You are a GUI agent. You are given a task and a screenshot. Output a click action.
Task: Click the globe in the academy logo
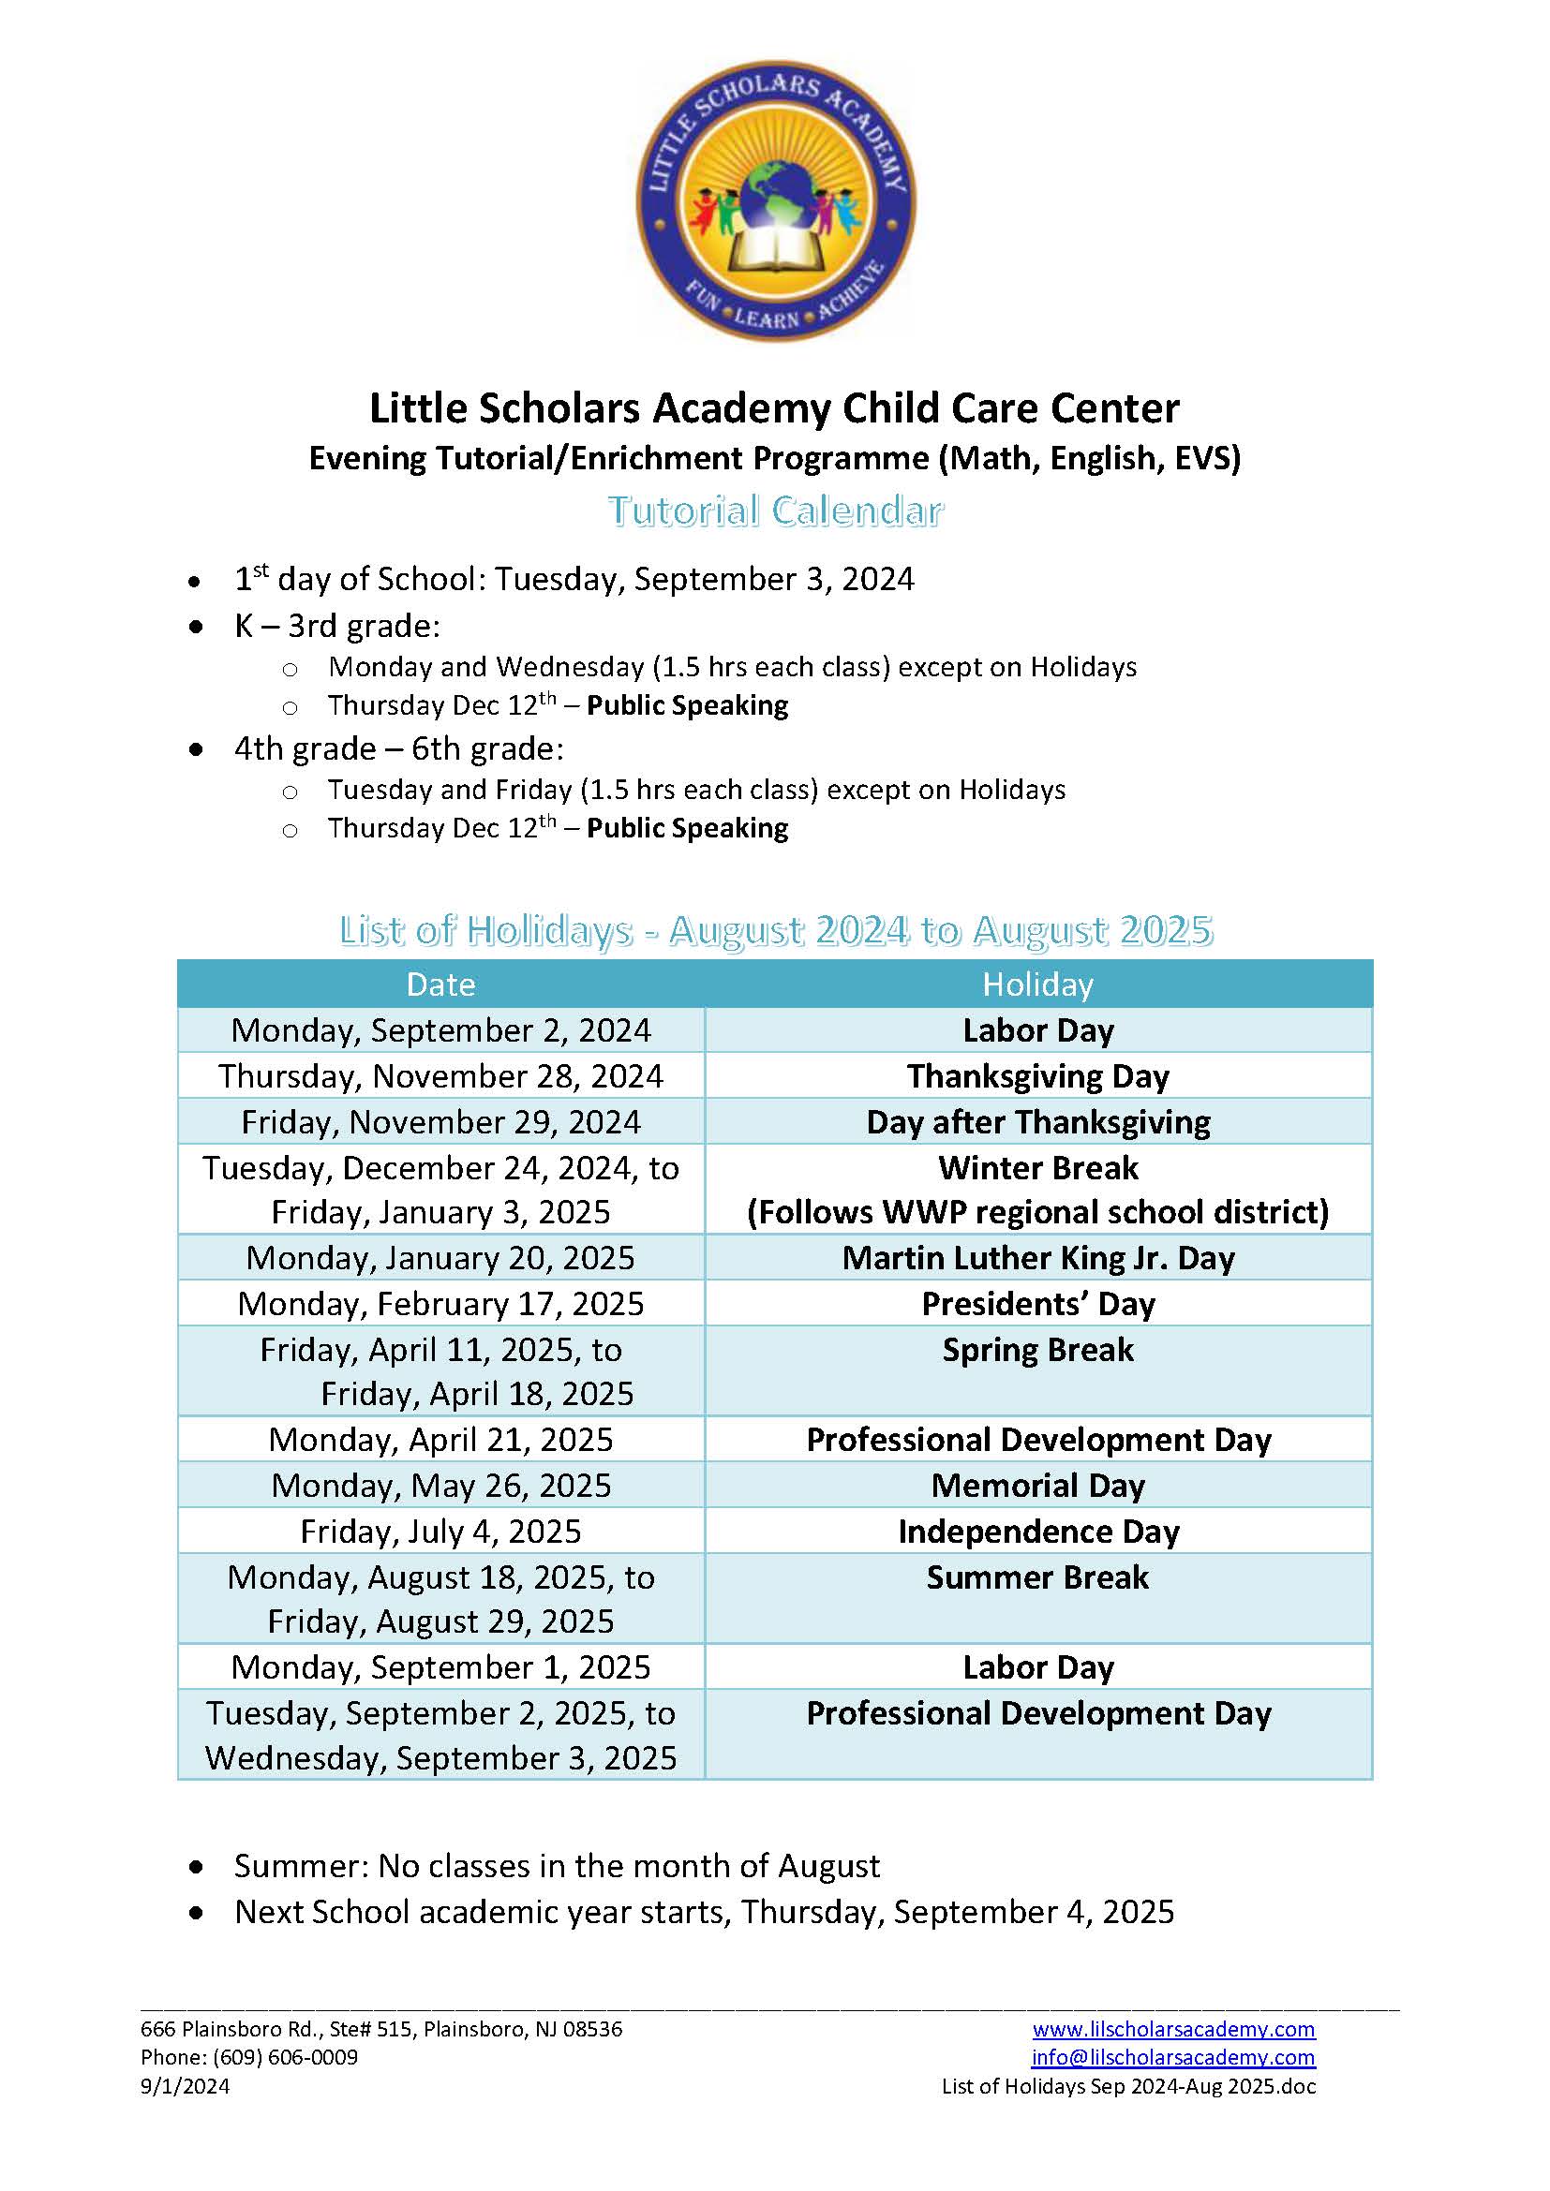click(x=775, y=190)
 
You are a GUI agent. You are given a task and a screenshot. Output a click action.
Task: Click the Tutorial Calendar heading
click(x=775, y=511)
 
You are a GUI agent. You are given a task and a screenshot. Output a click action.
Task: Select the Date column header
click(x=440, y=984)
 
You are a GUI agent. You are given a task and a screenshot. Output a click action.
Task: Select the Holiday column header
click(x=1037, y=984)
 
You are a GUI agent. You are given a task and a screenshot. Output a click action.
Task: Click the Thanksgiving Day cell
click(x=1037, y=1075)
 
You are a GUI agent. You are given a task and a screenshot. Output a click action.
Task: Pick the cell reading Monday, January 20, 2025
click(x=440, y=1257)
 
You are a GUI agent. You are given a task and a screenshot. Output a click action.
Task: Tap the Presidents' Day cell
click(x=1037, y=1303)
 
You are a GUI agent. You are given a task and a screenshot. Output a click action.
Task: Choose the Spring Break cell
click(x=1037, y=1349)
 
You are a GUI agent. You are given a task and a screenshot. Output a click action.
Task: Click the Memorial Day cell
click(x=1037, y=1485)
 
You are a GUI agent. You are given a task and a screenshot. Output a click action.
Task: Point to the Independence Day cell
click(x=1037, y=1531)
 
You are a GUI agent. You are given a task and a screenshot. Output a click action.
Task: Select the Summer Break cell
click(x=1037, y=1577)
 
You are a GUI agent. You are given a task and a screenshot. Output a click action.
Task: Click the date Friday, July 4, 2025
click(x=440, y=1531)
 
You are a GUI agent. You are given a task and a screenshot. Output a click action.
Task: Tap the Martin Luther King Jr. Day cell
click(x=1037, y=1257)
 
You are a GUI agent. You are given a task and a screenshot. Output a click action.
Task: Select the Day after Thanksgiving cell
click(x=1037, y=1121)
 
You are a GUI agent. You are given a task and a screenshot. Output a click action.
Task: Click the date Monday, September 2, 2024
click(x=440, y=1029)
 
